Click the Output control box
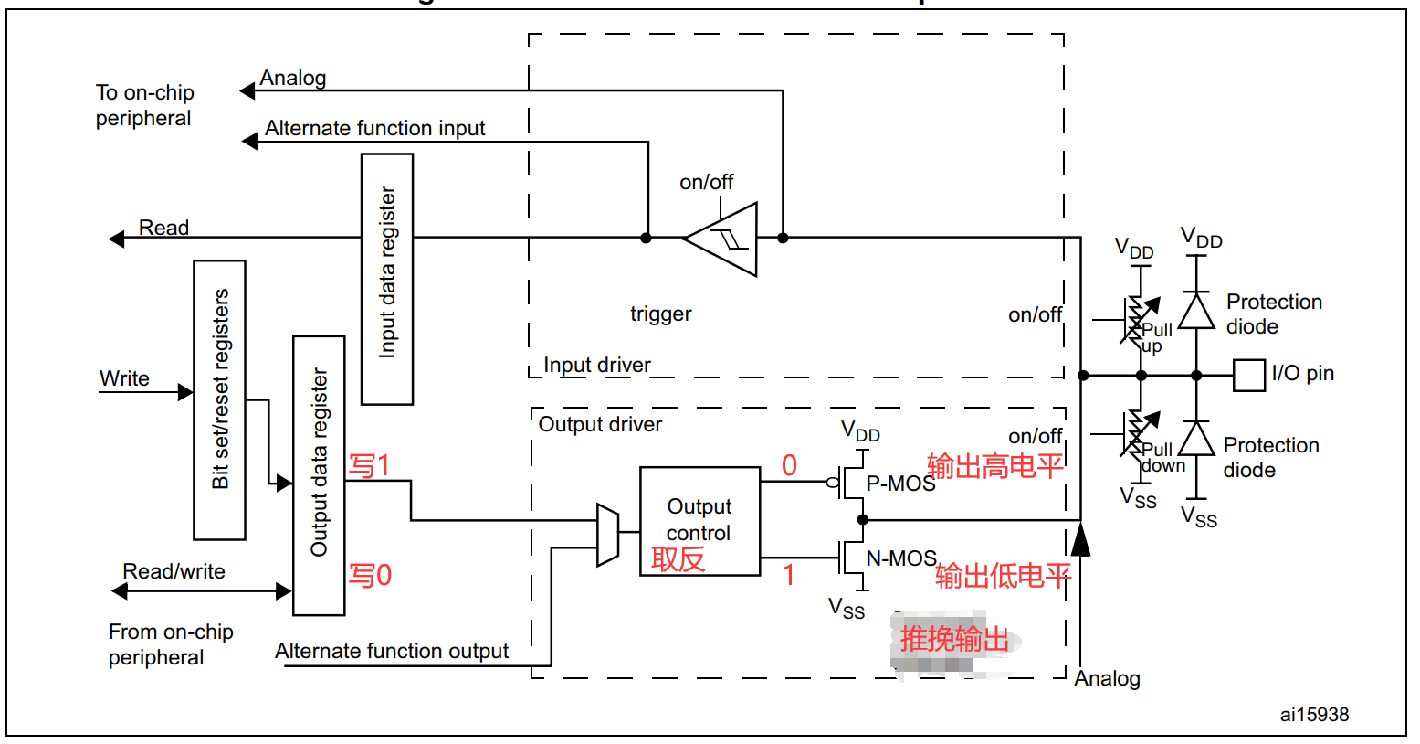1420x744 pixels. pyautogui.click(x=699, y=521)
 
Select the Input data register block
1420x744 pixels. pyautogui.click(x=387, y=279)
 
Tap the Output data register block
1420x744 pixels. pyautogui.click(x=319, y=475)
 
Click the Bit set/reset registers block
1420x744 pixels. pyautogui.click(x=219, y=399)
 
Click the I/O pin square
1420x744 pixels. pyautogui.click(x=1248, y=375)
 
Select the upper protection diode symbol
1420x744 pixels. pyautogui.click(x=1196, y=311)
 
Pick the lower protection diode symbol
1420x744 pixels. pyautogui.click(x=1196, y=439)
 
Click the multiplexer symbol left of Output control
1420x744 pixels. pyautogui.click(x=607, y=534)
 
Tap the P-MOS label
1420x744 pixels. pyautogui.click(x=900, y=484)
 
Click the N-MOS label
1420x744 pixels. pyautogui.click(x=901, y=558)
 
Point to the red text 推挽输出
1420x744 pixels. pyautogui.click(x=954, y=639)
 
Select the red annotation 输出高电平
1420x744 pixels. pyautogui.click(x=995, y=466)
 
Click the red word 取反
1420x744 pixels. pyautogui.click(x=678, y=558)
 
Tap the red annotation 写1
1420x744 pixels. pyautogui.click(x=370, y=465)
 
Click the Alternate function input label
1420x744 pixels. pyautogui.click(x=374, y=129)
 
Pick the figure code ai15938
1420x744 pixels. pyautogui.click(x=1314, y=715)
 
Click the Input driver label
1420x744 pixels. pyautogui.click(x=597, y=366)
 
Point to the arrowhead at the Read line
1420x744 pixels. pyautogui.click(x=117, y=239)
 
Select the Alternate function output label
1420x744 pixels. pyautogui.click(x=392, y=651)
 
